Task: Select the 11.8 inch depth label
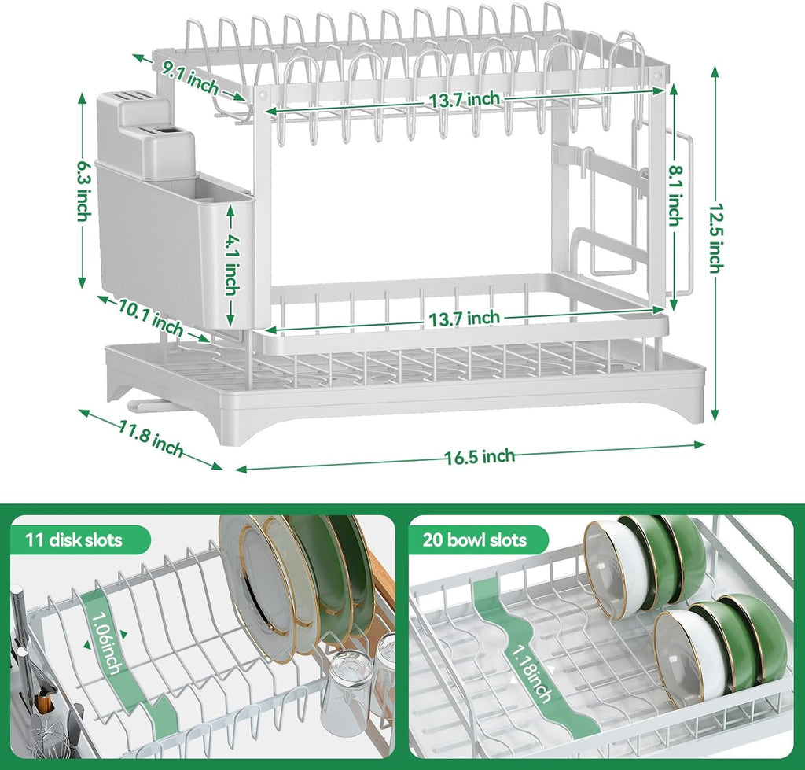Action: click(151, 438)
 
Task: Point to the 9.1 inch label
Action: click(191, 76)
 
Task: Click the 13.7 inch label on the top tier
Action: click(463, 99)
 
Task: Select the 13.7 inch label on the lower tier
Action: click(464, 318)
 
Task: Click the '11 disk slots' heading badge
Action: click(75, 540)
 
